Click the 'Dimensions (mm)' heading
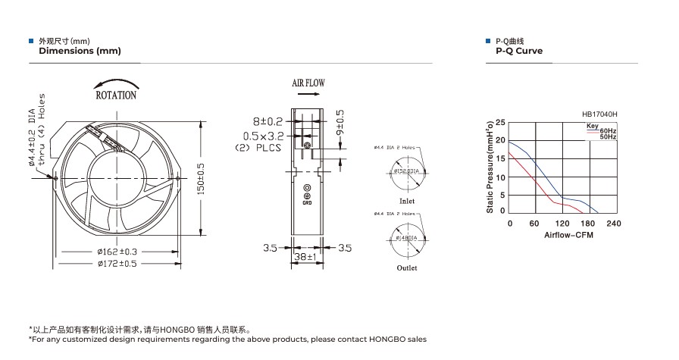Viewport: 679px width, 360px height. (80, 51)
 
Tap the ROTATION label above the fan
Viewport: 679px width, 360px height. (116, 95)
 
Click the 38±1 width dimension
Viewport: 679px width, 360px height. (307, 258)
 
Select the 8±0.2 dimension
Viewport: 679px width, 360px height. (268, 121)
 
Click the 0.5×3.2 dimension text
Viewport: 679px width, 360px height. (262, 136)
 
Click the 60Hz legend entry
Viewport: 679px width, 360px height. (608, 131)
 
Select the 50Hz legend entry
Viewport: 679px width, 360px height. (608, 137)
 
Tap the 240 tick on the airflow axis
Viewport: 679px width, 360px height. (614, 224)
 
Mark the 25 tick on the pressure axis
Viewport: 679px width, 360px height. (500, 122)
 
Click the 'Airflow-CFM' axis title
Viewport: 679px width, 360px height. (568, 235)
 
